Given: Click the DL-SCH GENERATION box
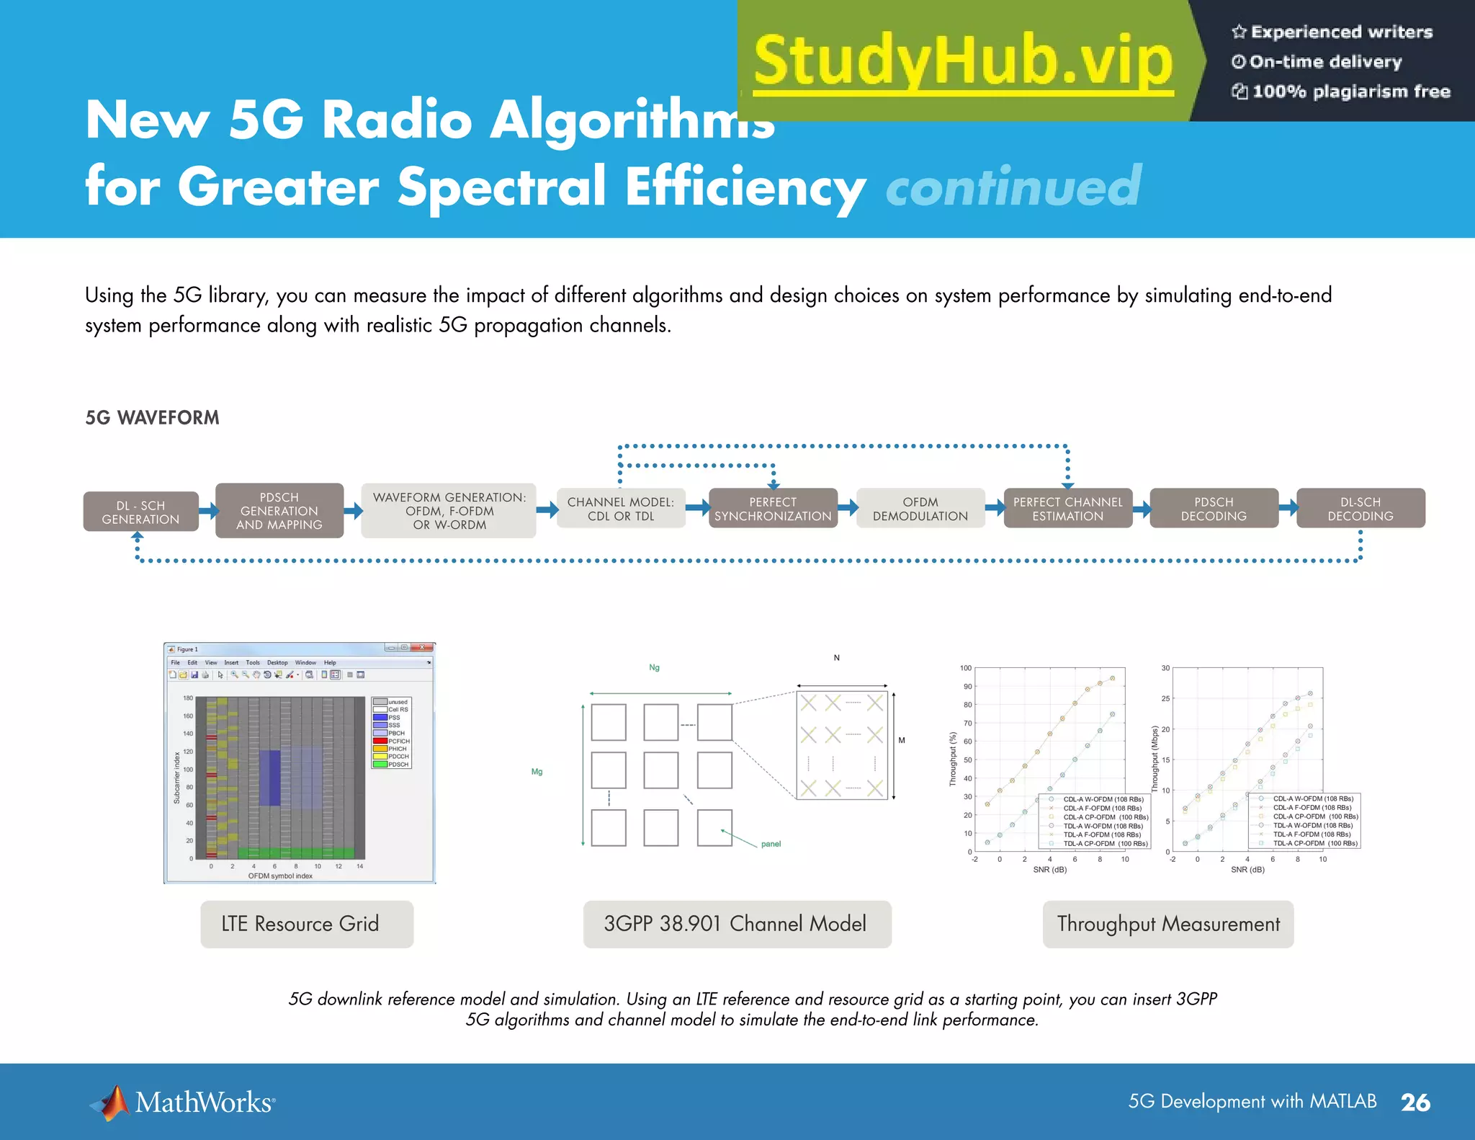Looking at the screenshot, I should (140, 512).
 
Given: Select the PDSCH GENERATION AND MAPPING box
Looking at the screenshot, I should (279, 511).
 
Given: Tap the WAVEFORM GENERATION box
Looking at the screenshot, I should (449, 511).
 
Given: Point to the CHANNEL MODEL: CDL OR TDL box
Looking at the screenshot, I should (620, 509).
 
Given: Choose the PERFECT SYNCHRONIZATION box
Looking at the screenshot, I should (773, 509).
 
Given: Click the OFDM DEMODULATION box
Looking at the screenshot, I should (920, 509).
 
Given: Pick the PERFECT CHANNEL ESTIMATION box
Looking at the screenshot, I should (1067, 509).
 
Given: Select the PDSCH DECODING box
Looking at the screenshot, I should (1214, 509).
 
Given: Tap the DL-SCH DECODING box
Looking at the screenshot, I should (1360, 509).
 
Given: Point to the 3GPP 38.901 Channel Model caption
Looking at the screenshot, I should (737, 924).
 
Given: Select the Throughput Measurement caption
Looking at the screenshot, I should (1167, 924).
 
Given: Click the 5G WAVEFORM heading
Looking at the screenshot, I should (152, 418).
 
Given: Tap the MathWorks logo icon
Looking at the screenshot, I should (110, 1103).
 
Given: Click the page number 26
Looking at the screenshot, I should (1415, 1103).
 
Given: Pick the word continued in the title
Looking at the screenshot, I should (1013, 187).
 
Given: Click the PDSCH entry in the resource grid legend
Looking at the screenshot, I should (398, 765).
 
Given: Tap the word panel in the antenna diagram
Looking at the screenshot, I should (771, 844).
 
